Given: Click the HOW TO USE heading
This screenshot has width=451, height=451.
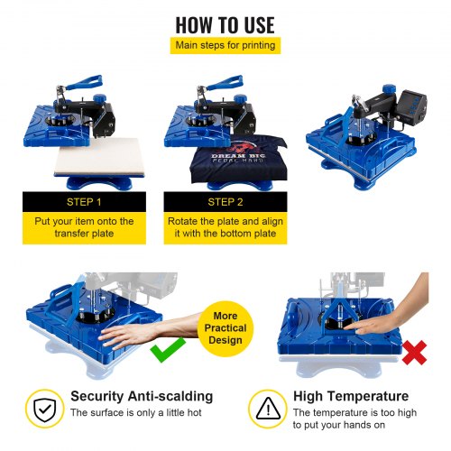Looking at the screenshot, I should point(225,23).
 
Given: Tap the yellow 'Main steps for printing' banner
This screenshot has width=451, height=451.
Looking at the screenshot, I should point(225,45).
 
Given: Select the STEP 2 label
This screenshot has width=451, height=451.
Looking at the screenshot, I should point(225,201).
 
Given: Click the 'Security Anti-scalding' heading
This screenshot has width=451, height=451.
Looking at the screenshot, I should point(142,396).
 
